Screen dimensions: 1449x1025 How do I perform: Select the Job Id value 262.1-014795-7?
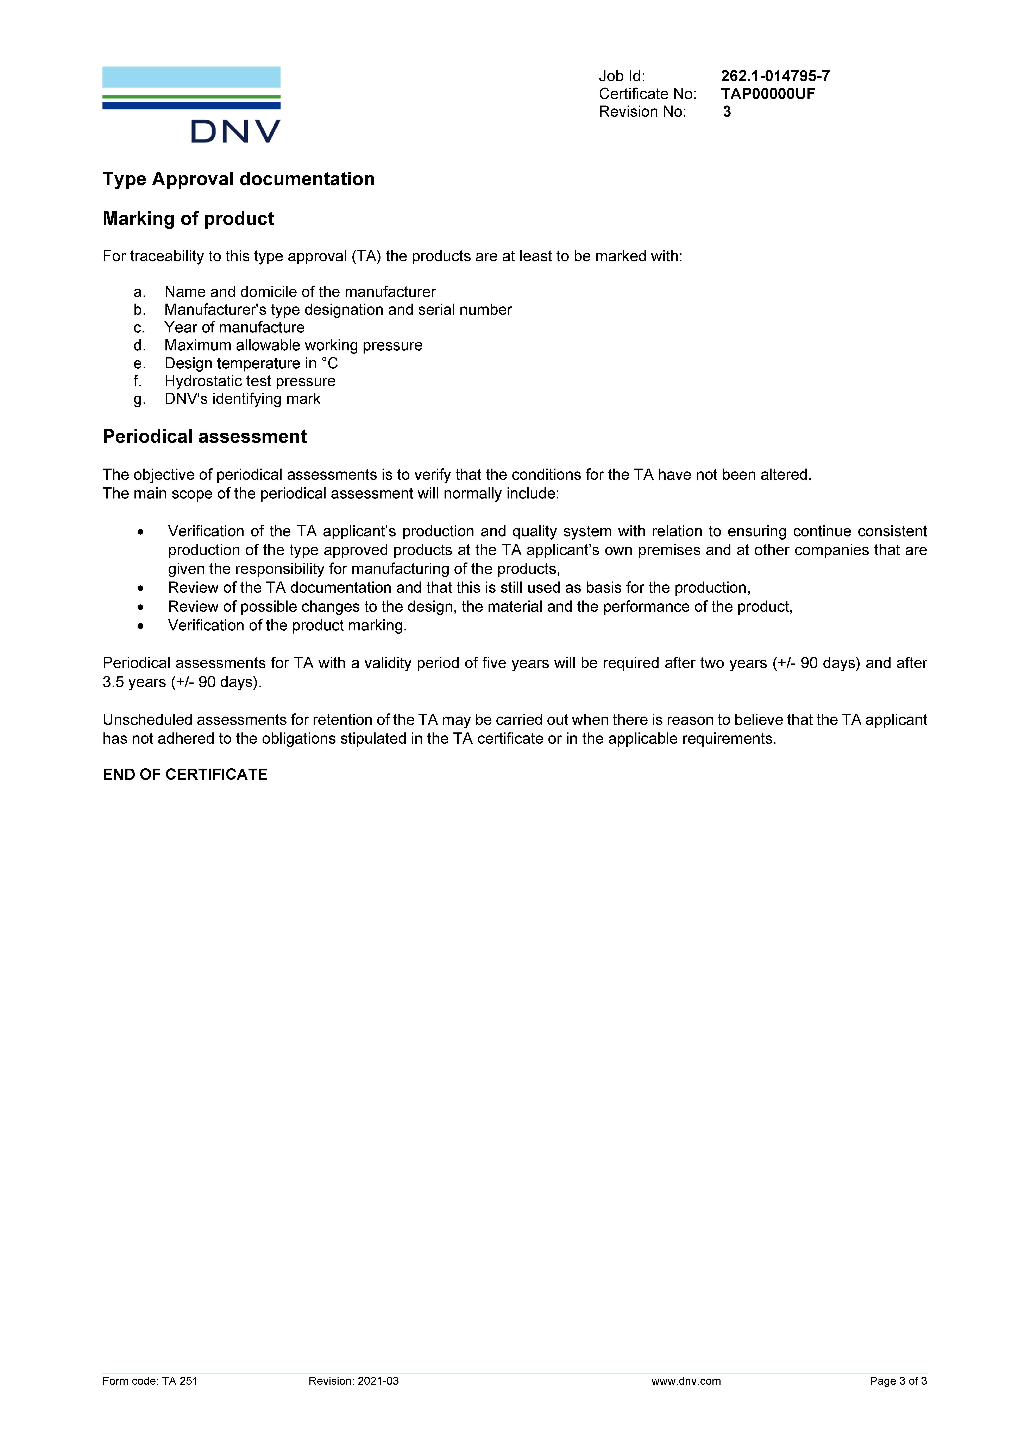point(775,76)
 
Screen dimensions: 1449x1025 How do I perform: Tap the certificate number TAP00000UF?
point(767,94)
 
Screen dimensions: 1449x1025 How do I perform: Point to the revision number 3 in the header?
point(727,112)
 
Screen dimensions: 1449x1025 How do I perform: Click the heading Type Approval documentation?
point(239,179)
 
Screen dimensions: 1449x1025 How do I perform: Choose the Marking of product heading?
point(188,219)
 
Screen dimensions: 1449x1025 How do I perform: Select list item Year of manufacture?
point(234,328)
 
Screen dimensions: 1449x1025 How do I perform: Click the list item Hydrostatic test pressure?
point(250,381)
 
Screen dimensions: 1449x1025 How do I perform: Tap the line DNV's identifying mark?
point(242,399)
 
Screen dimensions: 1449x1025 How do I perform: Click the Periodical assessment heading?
point(205,437)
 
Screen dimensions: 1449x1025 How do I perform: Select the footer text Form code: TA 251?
point(150,1381)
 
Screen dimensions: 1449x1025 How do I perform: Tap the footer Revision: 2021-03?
point(353,1381)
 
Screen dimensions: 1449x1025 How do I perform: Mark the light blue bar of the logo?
point(191,77)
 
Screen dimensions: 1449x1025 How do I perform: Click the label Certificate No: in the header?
point(648,94)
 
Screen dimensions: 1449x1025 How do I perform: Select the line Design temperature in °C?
point(251,363)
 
